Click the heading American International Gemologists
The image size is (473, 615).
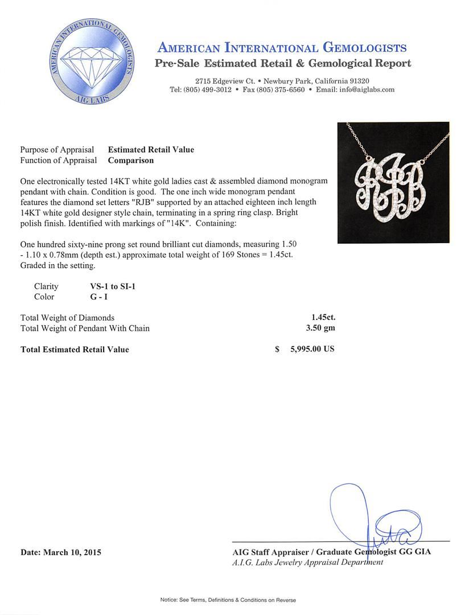282,47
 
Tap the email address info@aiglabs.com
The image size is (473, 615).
366,90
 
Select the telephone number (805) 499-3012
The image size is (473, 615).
207,90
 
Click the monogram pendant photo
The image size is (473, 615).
393,182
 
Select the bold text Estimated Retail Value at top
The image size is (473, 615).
151,150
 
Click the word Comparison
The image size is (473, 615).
130,161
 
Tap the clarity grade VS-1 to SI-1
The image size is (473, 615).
109,286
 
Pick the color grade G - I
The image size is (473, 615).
94,297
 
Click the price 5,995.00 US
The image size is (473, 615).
312,349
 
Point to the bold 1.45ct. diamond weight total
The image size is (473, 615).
319,317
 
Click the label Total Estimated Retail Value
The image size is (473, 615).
75,350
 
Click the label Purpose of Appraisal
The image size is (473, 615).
57,150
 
